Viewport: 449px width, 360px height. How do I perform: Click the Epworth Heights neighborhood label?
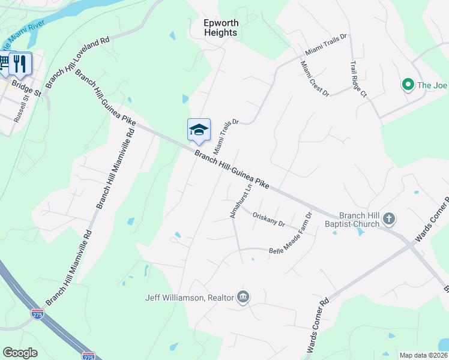(x=220, y=28)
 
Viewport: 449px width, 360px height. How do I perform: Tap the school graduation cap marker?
(x=199, y=129)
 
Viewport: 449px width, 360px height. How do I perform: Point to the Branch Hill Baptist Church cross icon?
(x=388, y=219)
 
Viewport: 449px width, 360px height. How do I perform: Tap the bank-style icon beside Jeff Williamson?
(x=243, y=297)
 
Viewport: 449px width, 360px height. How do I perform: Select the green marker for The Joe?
(x=408, y=85)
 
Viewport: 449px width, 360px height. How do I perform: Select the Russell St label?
(x=21, y=108)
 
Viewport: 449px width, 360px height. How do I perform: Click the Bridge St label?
(x=29, y=93)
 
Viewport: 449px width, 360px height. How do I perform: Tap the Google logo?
(x=20, y=353)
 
